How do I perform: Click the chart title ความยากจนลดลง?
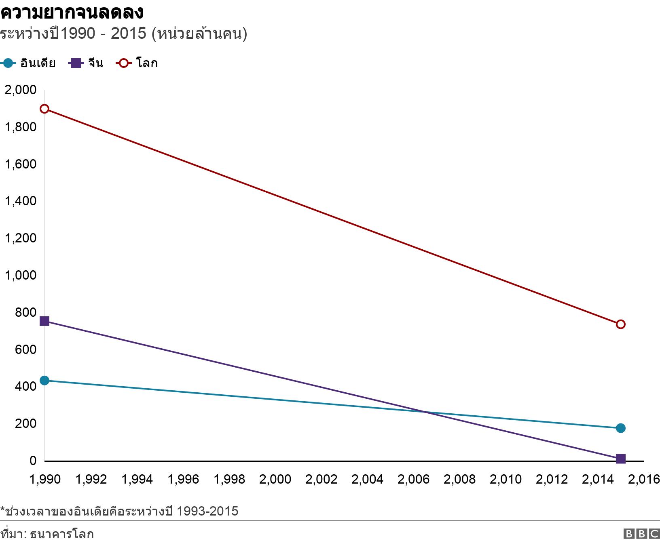(x=72, y=12)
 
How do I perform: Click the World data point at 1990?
(x=44, y=109)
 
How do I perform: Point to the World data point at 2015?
(x=620, y=324)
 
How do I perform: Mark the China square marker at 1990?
(x=44, y=321)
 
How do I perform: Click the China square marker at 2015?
(x=620, y=459)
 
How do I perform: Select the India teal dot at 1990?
(x=44, y=380)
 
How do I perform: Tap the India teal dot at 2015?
(x=620, y=428)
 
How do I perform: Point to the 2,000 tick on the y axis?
(x=20, y=90)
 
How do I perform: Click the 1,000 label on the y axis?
(x=20, y=275)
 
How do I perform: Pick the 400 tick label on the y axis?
(x=25, y=386)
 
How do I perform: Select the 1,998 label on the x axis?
(x=229, y=479)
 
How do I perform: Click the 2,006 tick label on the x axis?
(x=413, y=479)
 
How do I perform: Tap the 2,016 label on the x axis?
(x=644, y=479)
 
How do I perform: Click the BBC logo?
(x=641, y=534)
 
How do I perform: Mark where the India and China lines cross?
(x=425, y=412)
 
